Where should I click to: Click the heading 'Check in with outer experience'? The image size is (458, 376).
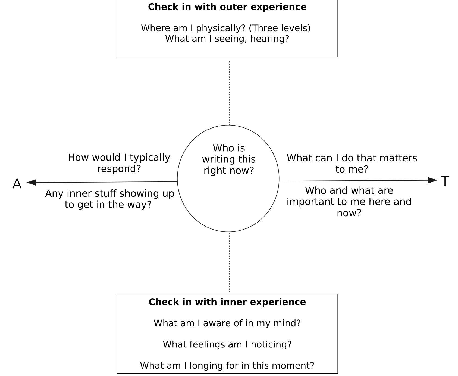[227, 7]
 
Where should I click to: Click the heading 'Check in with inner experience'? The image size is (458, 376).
[227, 302]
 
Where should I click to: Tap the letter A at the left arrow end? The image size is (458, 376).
[17, 184]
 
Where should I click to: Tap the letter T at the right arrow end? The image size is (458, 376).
[445, 181]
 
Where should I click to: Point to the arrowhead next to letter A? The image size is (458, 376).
[31, 183]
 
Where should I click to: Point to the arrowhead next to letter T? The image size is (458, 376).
[432, 180]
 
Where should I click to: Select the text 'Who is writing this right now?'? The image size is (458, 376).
[229, 159]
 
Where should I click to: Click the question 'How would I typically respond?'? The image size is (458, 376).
[119, 163]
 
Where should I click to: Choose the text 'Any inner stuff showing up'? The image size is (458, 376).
[109, 193]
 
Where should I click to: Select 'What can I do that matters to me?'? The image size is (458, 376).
[352, 164]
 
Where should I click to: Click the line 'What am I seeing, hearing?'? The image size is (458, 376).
[227, 39]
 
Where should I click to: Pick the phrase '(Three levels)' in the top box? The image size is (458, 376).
[280, 28]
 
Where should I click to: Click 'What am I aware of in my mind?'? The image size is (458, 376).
[227, 323]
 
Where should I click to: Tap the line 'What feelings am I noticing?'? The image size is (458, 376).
[227, 344]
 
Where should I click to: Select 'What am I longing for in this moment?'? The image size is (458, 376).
[227, 366]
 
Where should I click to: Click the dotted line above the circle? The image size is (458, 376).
[229, 93]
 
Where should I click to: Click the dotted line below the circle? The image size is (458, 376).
[229, 262]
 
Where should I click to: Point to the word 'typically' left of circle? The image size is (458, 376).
[150, 158]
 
